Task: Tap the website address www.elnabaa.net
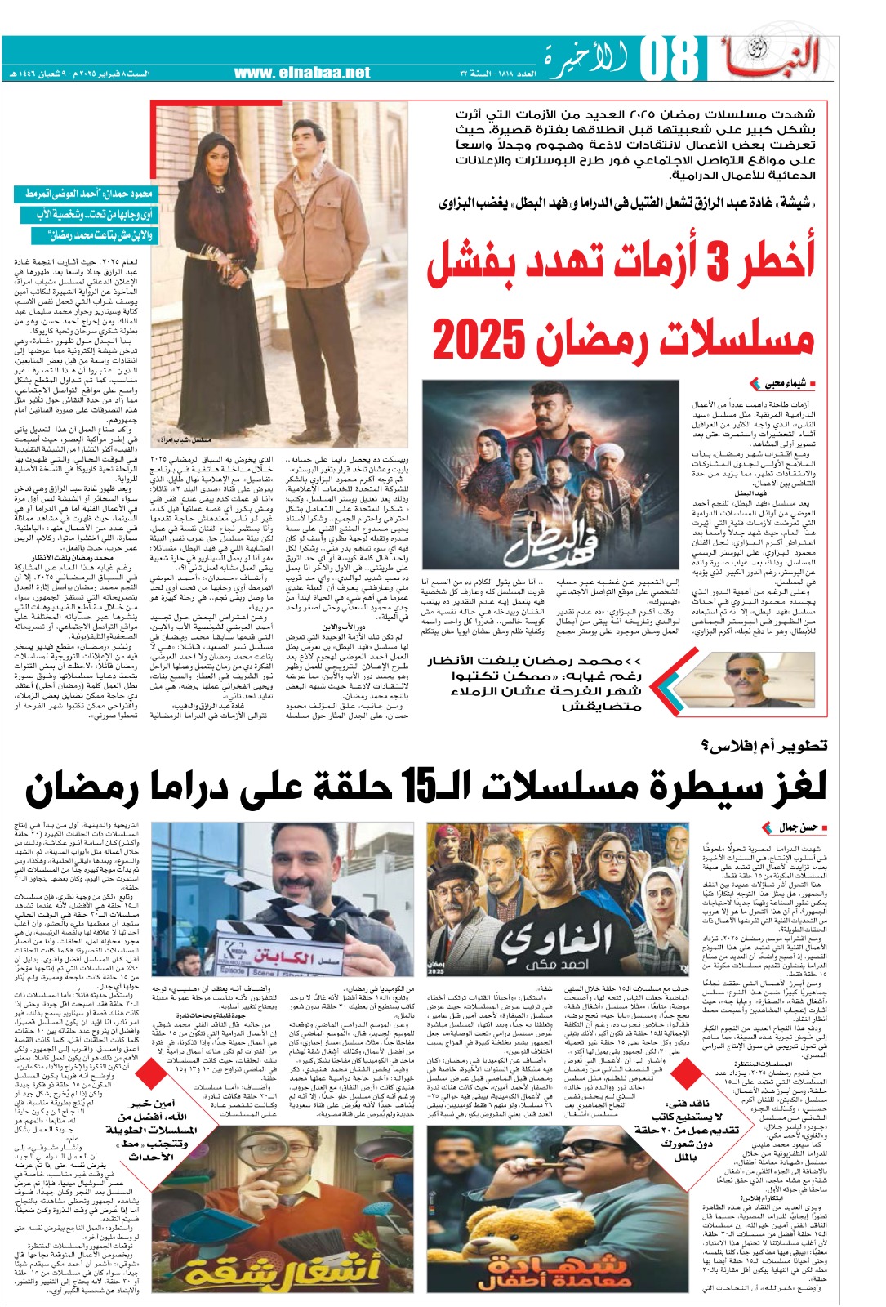click(x=302, y=73)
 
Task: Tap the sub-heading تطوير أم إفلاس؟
click(x=764, y=744)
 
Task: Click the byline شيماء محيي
click(x=786, y=384)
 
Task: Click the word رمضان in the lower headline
click(x=82, y=787)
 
